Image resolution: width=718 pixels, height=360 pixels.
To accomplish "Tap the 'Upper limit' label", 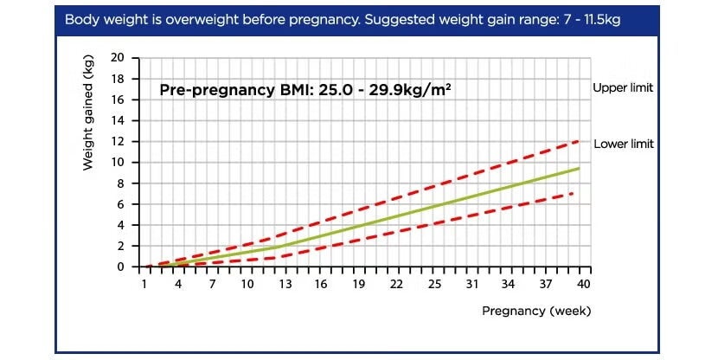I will tap(622, 88).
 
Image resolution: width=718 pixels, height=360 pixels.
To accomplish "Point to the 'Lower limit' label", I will tap(623, 145).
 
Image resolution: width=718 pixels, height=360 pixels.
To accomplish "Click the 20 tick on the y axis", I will tap(119, 58).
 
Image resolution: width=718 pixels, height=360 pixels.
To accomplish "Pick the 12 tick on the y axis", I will tap(119, 141).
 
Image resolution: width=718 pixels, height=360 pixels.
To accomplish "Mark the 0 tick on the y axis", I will tap(122, 267).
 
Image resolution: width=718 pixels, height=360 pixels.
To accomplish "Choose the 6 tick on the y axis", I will tap(122, 204).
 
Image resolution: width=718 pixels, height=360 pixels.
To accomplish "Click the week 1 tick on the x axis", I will tap(144, 284).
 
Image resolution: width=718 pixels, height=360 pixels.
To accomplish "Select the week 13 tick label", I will tap(284, 284).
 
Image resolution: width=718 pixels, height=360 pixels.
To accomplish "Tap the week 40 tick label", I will tap(583, 284).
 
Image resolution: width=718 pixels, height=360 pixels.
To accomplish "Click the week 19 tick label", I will tap(358, 284).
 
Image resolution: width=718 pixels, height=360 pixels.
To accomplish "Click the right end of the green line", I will tap(579, 168).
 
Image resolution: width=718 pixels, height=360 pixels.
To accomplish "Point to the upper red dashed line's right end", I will tap(579, 140).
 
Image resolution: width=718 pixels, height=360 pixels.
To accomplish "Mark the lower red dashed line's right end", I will tap(572, 194).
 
